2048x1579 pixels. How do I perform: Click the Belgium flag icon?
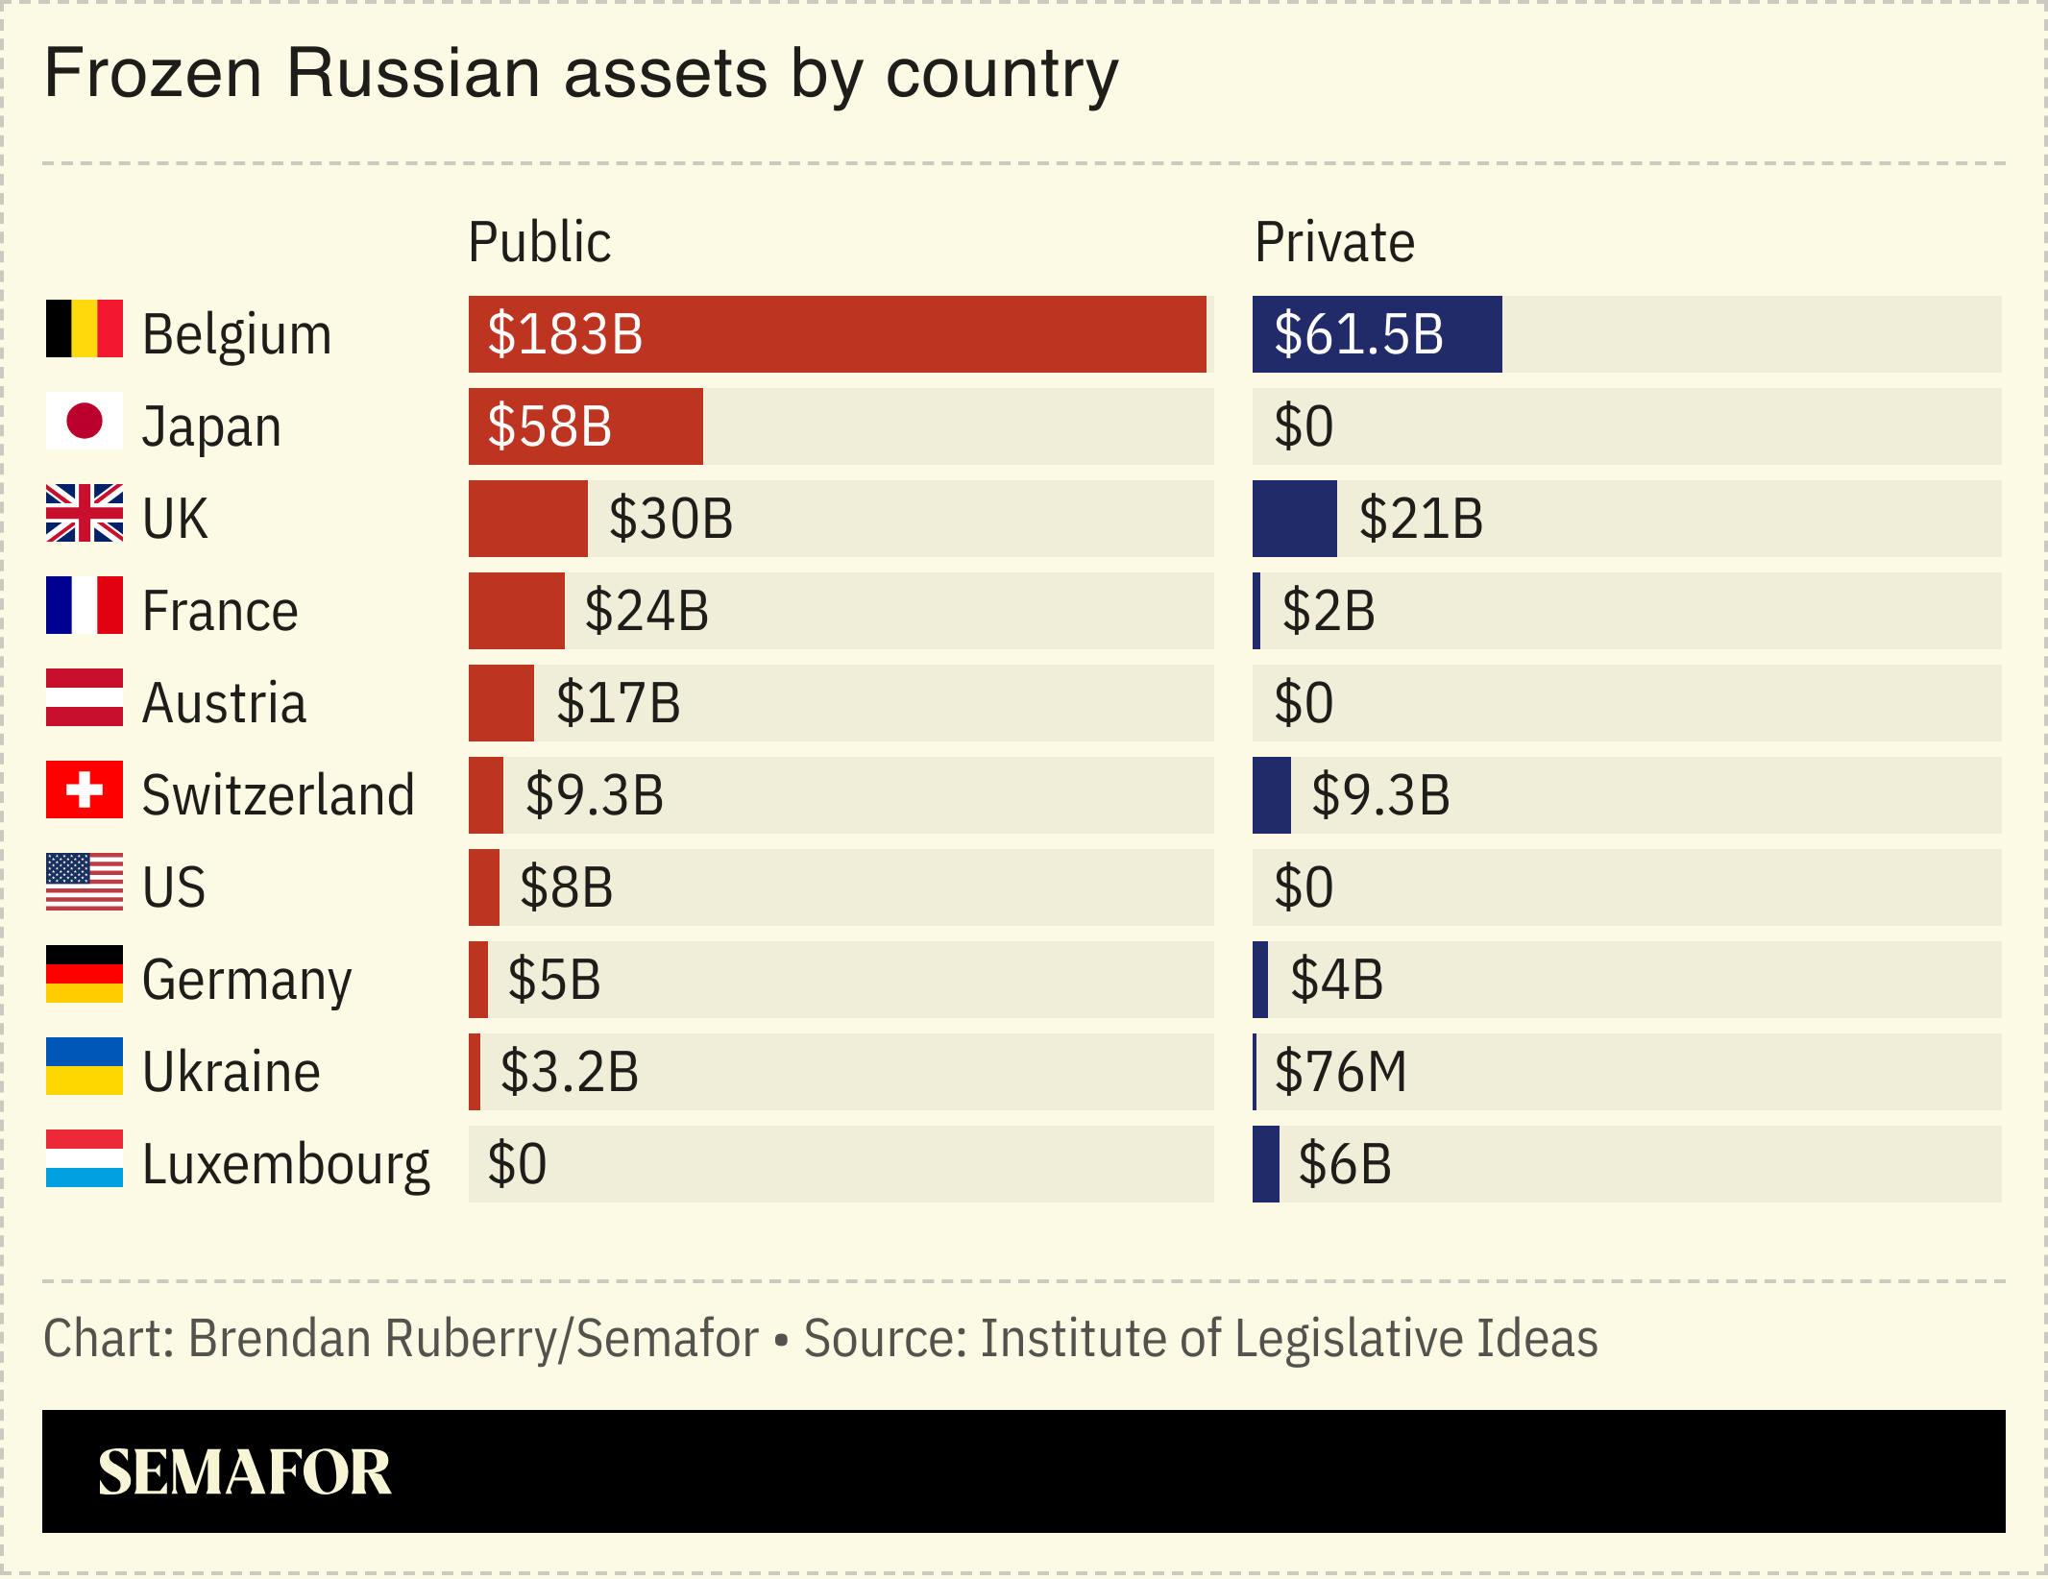[x=85, y=328]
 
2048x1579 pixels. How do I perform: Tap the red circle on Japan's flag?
[x=85, y=421]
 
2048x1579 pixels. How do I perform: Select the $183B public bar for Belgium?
[x=836, y=334]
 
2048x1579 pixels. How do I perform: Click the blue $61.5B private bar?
[x=1376, y=334]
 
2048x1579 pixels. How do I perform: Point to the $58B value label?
[x=549, y=426]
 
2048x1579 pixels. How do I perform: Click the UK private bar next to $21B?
[x=1294, y=519]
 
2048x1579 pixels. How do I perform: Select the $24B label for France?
[x=646, y=611]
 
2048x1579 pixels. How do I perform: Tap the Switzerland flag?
[x=85, y=789]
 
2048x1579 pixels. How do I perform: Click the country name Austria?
[x=224, y=703]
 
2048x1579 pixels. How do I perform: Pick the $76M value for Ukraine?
[x=1340, y=1072]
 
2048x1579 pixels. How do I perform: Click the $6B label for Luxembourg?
[x=1344, y=1164]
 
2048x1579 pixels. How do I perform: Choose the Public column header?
[x=539, y=242]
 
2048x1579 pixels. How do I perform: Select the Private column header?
[x=1334, y=242]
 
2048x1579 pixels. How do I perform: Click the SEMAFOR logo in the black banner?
[x=244, y=1471]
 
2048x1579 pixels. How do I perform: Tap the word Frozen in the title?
[x=154, y=73]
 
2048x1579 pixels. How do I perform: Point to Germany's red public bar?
[x=478, y=980]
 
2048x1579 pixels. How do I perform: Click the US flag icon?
[x=85, y=882]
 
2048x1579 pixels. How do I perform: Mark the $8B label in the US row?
[x=566, y=887]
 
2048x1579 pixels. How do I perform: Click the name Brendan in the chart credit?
[x=280, y=1339]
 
